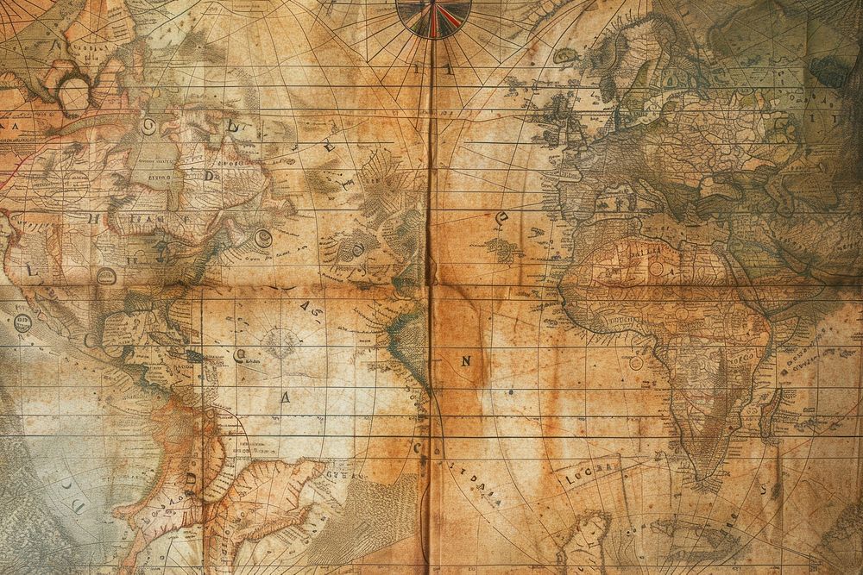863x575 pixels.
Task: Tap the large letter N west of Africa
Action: (466, 362)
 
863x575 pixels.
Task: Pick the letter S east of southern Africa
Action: (764, 488)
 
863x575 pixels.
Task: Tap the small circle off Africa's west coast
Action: (636, 363)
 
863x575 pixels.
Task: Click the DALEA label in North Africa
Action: (645, 249)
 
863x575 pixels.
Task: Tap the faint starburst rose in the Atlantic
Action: (280, 342)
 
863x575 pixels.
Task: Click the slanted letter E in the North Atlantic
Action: (329, 148)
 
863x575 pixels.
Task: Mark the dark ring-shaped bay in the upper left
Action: (72, 93)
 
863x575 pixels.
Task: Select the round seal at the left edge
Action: (22, 323)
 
